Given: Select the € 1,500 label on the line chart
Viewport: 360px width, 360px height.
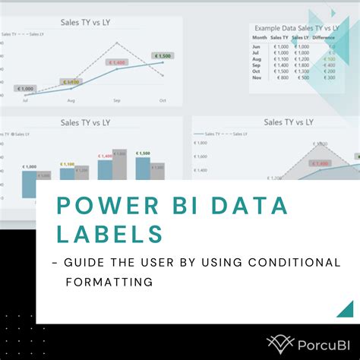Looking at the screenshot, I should pos(163,55).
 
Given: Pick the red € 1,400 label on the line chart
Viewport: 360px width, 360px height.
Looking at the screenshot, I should pos(118,62).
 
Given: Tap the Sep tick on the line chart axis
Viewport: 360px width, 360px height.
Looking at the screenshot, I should pos(117,100).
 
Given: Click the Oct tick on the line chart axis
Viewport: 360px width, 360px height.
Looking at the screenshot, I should pos(162,100).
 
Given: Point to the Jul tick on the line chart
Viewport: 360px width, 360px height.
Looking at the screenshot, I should pos(25,100).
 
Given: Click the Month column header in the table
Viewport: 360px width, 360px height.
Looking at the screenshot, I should pos(260,36).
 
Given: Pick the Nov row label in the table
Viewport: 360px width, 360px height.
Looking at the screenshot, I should pos(257,78).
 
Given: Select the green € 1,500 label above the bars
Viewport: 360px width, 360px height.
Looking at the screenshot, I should pos(143,153).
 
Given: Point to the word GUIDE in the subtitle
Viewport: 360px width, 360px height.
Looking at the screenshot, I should pos(81,262).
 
